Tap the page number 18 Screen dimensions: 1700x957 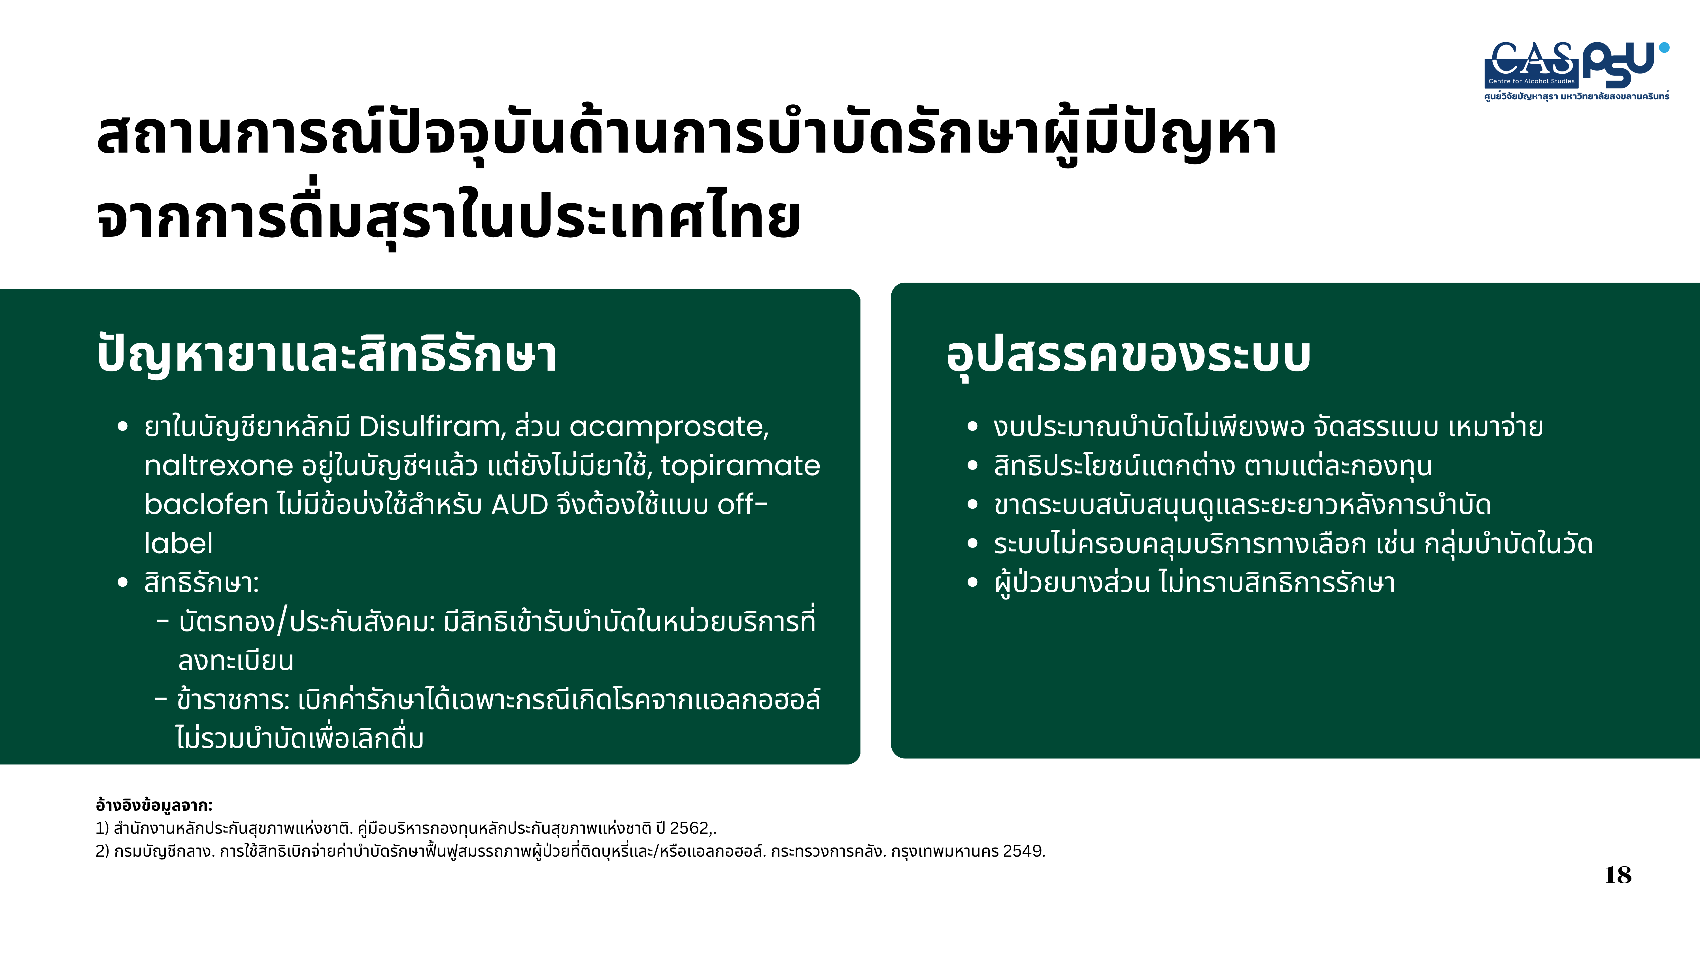(x=1618, y=875)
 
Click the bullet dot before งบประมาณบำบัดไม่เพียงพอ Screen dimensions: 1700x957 (x=972, y=427)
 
